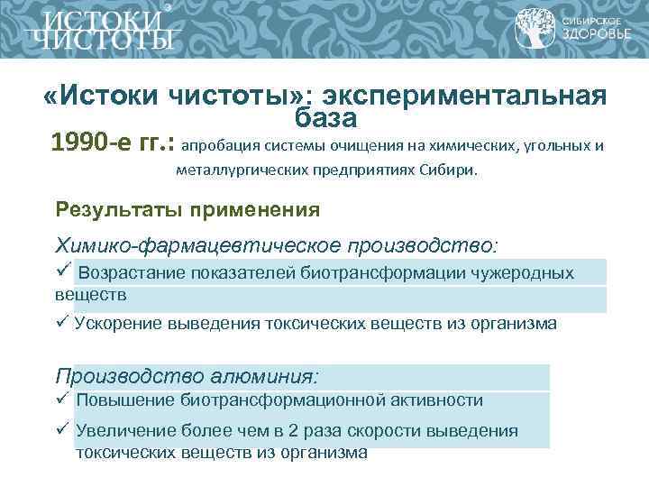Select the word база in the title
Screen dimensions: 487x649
tap(324, 117)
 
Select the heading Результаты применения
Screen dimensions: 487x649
tap(187, 210)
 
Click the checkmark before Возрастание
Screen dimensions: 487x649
tap(63, 271)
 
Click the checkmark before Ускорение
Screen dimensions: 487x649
tap(62, 322)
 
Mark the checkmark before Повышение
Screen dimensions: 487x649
tap(62, 399)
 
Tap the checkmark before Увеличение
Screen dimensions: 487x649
tap(62, 429)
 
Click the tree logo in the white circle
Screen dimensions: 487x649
tap(535, 30)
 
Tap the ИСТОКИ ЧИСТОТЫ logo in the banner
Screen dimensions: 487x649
tap(99, 30)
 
